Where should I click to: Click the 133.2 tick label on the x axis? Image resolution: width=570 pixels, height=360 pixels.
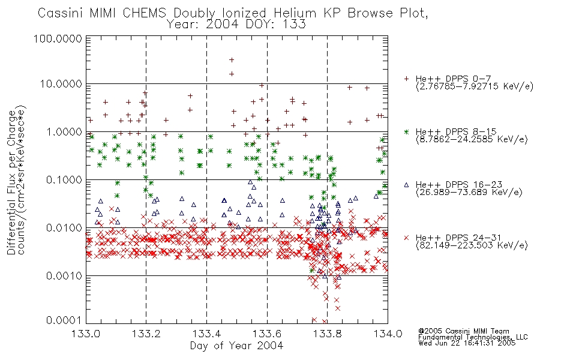146,334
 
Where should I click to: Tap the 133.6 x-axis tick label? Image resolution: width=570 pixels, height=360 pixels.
267,334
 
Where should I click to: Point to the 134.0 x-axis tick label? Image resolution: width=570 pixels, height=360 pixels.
388,334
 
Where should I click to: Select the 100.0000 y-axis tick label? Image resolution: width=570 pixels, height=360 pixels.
58,38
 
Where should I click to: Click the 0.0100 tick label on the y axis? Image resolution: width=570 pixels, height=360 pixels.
64,228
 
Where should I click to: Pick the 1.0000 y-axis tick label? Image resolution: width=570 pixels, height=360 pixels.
64,132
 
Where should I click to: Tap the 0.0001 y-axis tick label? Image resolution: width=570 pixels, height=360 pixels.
64,320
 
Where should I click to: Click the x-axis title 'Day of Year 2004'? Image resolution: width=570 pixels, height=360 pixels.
236,346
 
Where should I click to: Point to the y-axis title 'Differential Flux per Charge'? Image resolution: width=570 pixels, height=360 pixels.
11,182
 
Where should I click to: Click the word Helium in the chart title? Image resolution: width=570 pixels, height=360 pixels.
295,13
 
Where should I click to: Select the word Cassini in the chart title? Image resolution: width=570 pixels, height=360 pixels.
61,13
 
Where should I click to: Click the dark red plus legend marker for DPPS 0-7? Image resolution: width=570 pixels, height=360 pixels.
406,79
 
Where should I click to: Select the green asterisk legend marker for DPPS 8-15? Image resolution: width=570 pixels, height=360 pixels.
406,131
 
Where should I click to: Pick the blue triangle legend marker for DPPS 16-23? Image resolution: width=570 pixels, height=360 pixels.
406,185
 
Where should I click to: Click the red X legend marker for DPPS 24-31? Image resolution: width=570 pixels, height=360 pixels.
406,238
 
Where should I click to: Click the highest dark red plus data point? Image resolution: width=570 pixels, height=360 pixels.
232,60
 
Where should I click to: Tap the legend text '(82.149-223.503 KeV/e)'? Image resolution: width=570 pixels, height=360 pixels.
472,245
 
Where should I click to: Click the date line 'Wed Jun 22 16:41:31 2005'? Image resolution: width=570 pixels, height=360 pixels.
467,343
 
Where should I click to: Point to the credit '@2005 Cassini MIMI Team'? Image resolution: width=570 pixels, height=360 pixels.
463,331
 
